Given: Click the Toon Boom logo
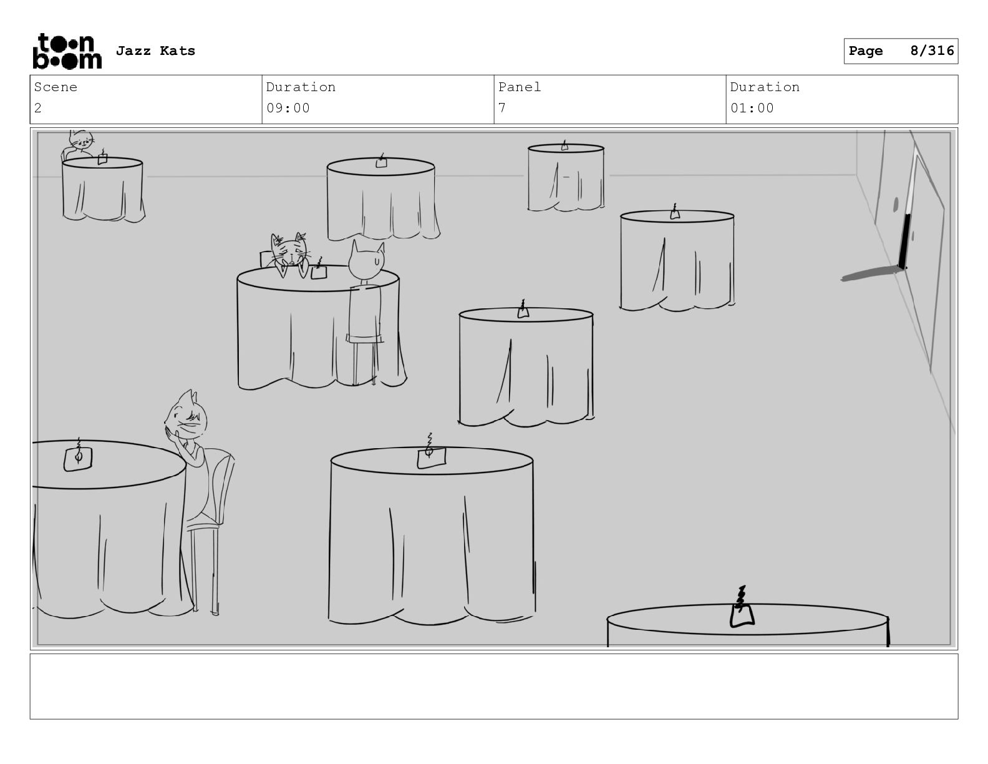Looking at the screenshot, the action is (67, 51).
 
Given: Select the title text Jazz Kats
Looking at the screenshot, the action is (155, 51).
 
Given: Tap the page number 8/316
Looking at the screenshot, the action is (932, 51).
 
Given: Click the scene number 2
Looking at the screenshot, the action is (38, 109).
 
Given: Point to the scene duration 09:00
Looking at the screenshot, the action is (288, 109).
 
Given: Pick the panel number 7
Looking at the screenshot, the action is (502, 109).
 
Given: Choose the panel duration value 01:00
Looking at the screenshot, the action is (752, 109).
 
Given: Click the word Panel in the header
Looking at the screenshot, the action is (519, 87).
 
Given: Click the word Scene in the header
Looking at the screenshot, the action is (56, 87).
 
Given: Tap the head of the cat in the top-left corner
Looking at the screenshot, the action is (81, 139).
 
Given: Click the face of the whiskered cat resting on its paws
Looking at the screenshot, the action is (290, 251).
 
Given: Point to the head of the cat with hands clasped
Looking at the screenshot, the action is (186, 417).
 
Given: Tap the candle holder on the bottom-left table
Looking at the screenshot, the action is (78, 459).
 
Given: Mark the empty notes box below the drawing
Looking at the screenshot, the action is (494, 687).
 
